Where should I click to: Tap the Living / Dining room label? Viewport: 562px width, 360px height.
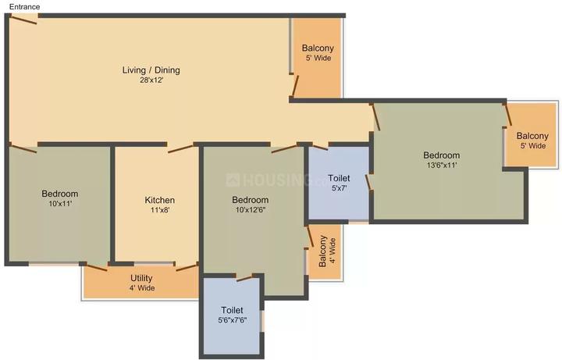click(151, 70)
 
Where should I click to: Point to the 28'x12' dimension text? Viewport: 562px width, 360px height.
click(151, 80)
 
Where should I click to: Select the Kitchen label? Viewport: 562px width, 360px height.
click(159, 201)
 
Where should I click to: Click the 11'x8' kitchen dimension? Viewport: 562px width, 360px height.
click(159, 211)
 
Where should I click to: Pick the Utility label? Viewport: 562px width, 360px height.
click(141, 278)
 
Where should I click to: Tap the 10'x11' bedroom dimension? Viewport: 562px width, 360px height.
click(59, 204)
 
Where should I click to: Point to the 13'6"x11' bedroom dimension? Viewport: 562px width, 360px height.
click(441, 166)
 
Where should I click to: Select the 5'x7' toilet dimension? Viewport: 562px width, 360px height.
click(339, 188)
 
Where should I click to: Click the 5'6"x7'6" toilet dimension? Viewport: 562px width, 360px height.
click(232, 320)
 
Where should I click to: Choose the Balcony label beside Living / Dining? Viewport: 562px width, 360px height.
click(318, 48)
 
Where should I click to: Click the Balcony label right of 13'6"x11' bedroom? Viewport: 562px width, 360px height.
click(532, 135)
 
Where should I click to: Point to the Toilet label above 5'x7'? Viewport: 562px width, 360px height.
click(339, 178)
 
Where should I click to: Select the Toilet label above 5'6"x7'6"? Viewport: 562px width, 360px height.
click(232, 309)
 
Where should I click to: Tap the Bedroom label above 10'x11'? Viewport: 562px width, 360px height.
click(59, 194)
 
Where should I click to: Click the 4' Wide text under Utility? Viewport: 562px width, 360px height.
click(141, 288)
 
